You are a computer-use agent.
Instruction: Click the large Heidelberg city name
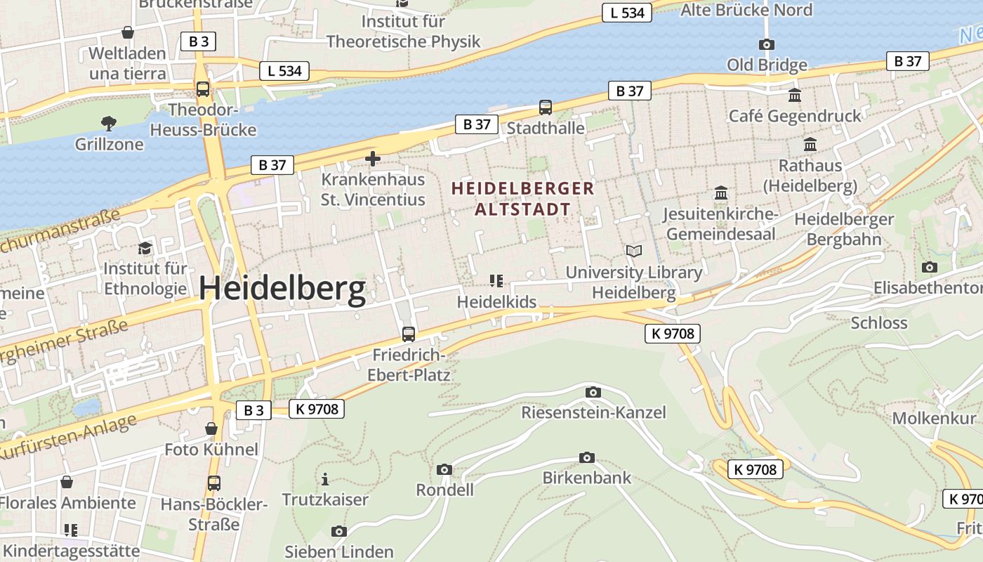tap(282, 289)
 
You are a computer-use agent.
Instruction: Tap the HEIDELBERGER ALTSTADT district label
tap(523, 199)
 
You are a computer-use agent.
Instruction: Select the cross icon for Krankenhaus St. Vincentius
tap(373, 159)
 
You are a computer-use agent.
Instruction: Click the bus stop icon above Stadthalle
tap(546, 107)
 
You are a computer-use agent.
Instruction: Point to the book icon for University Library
tap(634, 251)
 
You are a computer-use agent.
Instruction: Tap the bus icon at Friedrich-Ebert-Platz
tap(409, 334)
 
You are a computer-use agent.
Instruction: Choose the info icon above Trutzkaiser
tap(325, 480)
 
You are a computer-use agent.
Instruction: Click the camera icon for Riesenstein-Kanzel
tap(593, 392)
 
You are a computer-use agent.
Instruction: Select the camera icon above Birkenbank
tap(587, 458)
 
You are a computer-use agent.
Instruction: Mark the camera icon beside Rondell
tap(444, 469)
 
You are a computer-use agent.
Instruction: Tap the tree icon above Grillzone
tap(109, 124)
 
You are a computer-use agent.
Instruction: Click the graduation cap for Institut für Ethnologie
tap(145, 248)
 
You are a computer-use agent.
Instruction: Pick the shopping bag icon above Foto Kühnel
tap(211, 429)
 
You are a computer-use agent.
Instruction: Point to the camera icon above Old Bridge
tap(767, 45)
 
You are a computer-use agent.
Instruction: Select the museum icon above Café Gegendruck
tap(795, 95)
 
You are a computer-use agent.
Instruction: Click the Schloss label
tap(879, 323)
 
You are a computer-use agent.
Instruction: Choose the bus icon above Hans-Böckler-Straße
tap(214, 483)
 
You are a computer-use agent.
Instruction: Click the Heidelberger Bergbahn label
tap(844, 229)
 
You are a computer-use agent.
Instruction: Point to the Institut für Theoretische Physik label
tap(403, 32)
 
